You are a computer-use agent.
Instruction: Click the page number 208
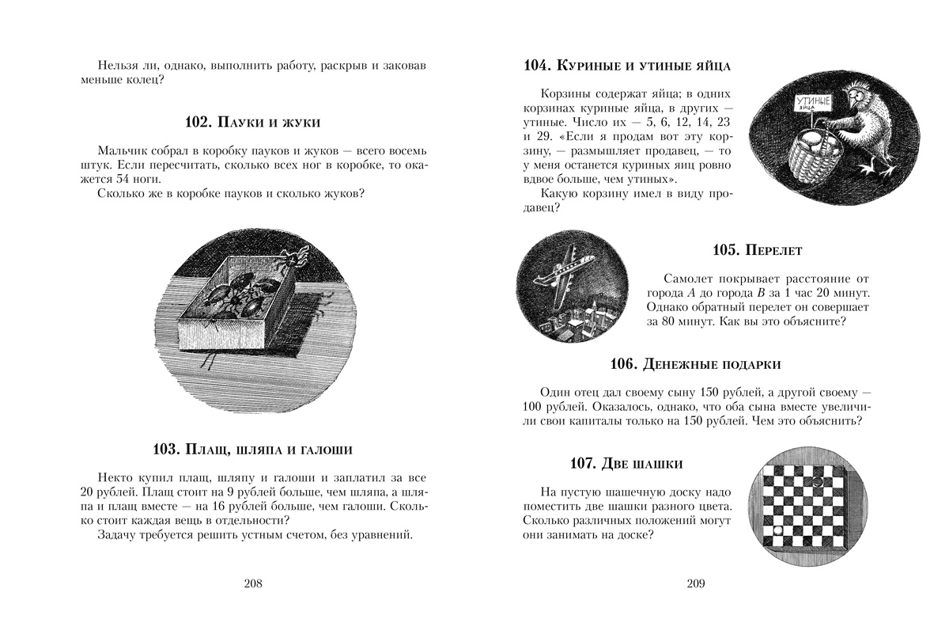click(x=254, y=584)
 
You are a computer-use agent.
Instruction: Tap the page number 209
click(x=694, y=584)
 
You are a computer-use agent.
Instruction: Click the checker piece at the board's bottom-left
click(x=777, y=530)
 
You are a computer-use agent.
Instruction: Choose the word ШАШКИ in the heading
click(x=656, y=464)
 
